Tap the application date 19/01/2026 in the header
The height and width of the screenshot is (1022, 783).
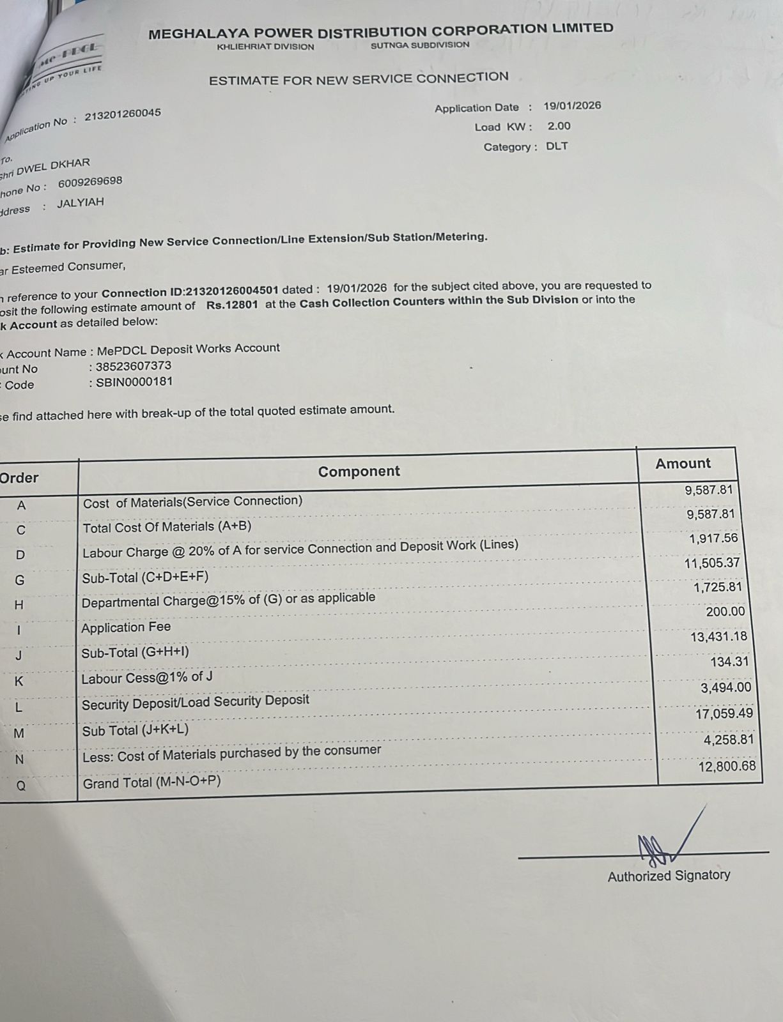572,106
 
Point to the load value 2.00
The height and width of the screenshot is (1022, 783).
559,126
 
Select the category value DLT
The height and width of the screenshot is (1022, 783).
557,146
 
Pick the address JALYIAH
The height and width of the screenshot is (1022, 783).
80,204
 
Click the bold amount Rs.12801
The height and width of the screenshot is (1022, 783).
232,305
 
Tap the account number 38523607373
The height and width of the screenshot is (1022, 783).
133,366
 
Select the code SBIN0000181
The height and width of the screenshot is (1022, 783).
134,382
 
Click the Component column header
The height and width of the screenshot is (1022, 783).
359,471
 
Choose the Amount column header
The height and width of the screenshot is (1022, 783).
683,464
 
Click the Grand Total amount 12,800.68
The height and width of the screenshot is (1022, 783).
727,766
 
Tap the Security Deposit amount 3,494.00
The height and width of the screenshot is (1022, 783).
725,688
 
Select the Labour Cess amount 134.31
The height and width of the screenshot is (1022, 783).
729,662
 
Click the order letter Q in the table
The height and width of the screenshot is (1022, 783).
21,786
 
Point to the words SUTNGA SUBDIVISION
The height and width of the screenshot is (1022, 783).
420,45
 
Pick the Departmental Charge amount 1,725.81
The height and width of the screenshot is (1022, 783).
717,586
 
